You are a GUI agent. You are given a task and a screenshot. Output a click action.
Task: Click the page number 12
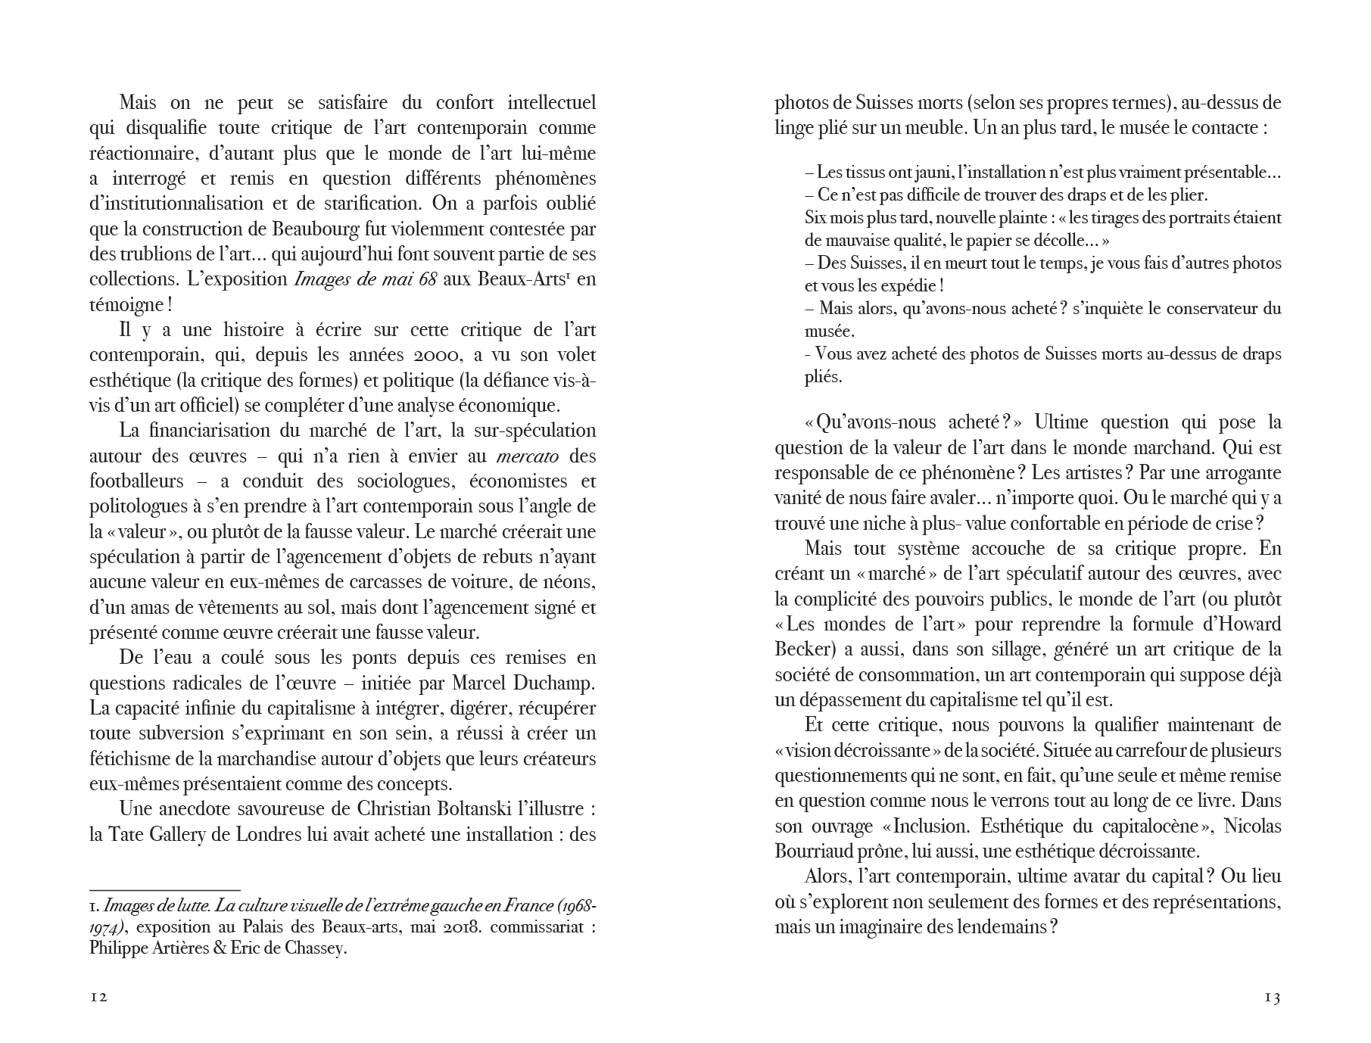point(99,997)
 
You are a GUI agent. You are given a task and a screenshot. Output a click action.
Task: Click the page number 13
point(1272,998)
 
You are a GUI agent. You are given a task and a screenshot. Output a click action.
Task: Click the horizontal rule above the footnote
point(164,890)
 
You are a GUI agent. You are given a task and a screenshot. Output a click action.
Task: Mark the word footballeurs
point(136,481)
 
